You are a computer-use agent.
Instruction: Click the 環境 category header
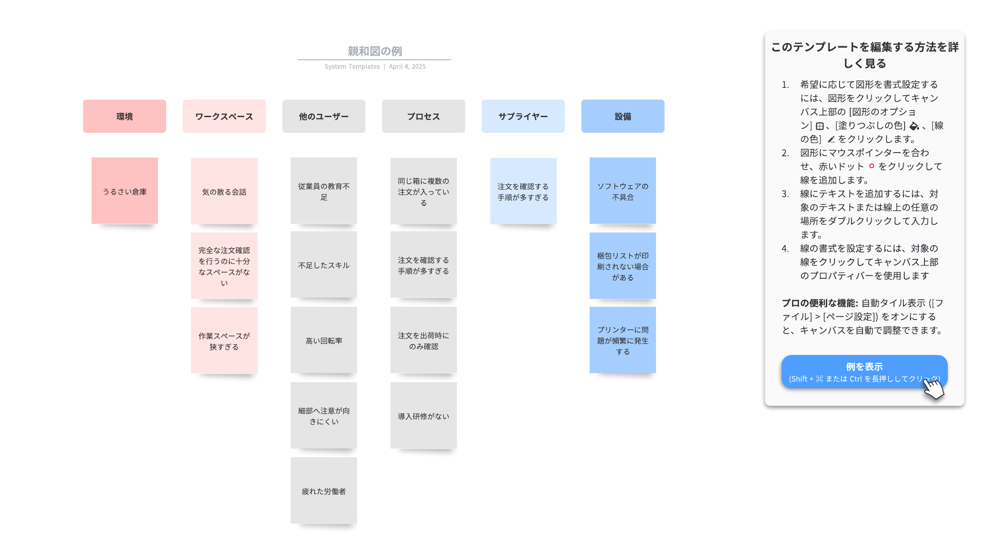(125, 116)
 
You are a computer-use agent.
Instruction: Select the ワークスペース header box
(224, 116)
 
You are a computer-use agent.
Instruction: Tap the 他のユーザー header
(324, 116)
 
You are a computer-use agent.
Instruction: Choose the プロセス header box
(423, 116)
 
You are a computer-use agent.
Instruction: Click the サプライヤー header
(523, 116)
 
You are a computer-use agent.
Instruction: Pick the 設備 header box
(623, 116)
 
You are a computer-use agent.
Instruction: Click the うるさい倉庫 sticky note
(125, 191)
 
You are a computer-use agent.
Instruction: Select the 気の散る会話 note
(224, 191)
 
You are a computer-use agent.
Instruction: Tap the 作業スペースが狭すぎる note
(224, 341)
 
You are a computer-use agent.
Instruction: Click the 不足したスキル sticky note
(324, 265)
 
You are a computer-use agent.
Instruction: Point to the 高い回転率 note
(324, 340)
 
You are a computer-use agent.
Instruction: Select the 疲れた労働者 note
(324, 491)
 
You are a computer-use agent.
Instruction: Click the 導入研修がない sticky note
(423, 416)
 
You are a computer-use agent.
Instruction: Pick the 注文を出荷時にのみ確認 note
(423, 340)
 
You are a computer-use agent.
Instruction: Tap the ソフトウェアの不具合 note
(623, 191)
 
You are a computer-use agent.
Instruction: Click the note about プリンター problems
(623, 340)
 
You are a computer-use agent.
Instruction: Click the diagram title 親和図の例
(374, 51)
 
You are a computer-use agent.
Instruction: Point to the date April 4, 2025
(407, 66)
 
